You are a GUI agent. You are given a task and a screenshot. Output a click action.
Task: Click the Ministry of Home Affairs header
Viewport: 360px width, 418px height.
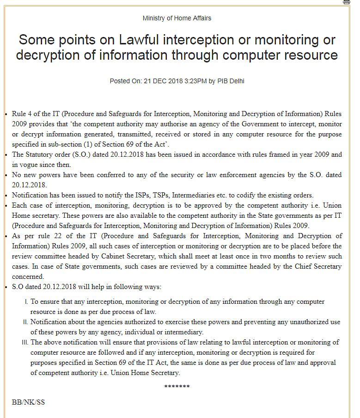click(177, 18)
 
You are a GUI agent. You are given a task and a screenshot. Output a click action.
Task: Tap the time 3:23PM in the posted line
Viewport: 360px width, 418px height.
click(193, 81)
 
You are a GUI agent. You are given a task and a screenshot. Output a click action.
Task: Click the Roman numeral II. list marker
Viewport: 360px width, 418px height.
click(26, 322)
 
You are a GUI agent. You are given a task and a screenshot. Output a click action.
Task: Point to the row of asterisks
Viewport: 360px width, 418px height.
click(177, 387)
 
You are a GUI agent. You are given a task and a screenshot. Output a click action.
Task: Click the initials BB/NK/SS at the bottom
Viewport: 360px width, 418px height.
click(28, 402)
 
